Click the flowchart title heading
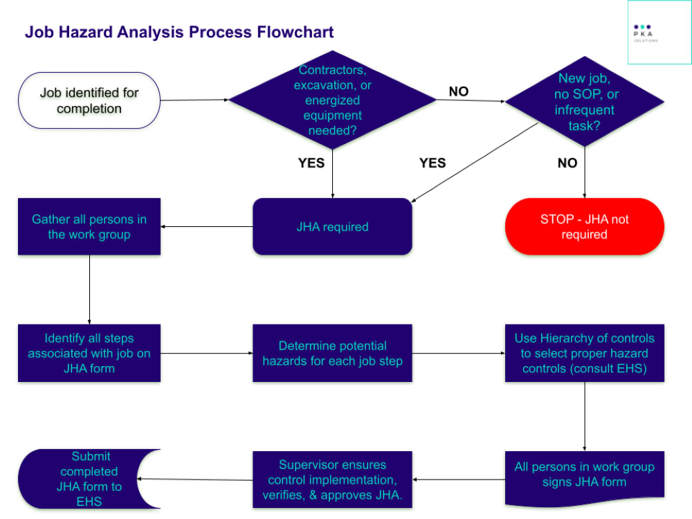tap(179, 32)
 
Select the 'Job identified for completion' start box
tap(89, 100)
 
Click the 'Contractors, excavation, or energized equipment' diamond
tap(332, 100)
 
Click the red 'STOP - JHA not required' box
tap(585, 227)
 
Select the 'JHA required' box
tap(332, 227)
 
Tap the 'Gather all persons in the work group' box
tap(89, 227)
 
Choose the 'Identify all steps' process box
tap(89, 353)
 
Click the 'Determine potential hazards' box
tap(332, 353)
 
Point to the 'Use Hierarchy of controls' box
tap(585, 353)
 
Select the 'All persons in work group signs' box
tap(585, 477)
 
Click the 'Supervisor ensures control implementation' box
tap(332, 480)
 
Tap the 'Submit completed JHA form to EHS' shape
tap(89, 479)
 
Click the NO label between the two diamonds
tap(458, 92)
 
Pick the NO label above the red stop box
tap(567, 163)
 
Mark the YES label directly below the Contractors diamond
tap(311, 163)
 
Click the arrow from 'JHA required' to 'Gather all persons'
tap(207, 227)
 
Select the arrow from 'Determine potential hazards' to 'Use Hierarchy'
tap(458, 353)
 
